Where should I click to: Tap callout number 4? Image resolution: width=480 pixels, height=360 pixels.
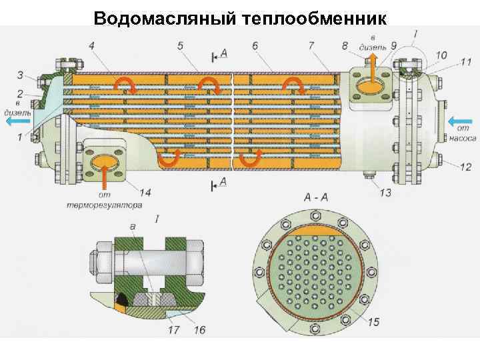coord(91,46)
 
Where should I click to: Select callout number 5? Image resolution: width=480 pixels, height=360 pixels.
coord(180,46)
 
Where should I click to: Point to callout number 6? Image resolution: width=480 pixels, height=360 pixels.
coord(256,46)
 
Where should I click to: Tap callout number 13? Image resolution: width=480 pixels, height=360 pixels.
coord(385,192)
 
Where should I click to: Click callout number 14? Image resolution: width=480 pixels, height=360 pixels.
coord(145,192)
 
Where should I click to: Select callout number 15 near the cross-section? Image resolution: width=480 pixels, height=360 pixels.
coord(373,322)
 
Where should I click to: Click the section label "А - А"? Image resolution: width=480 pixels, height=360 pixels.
coord(315,197)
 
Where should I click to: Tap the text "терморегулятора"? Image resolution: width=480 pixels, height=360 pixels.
coord(104,205)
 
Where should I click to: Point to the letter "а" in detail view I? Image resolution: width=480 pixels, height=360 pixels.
coord(133,227)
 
